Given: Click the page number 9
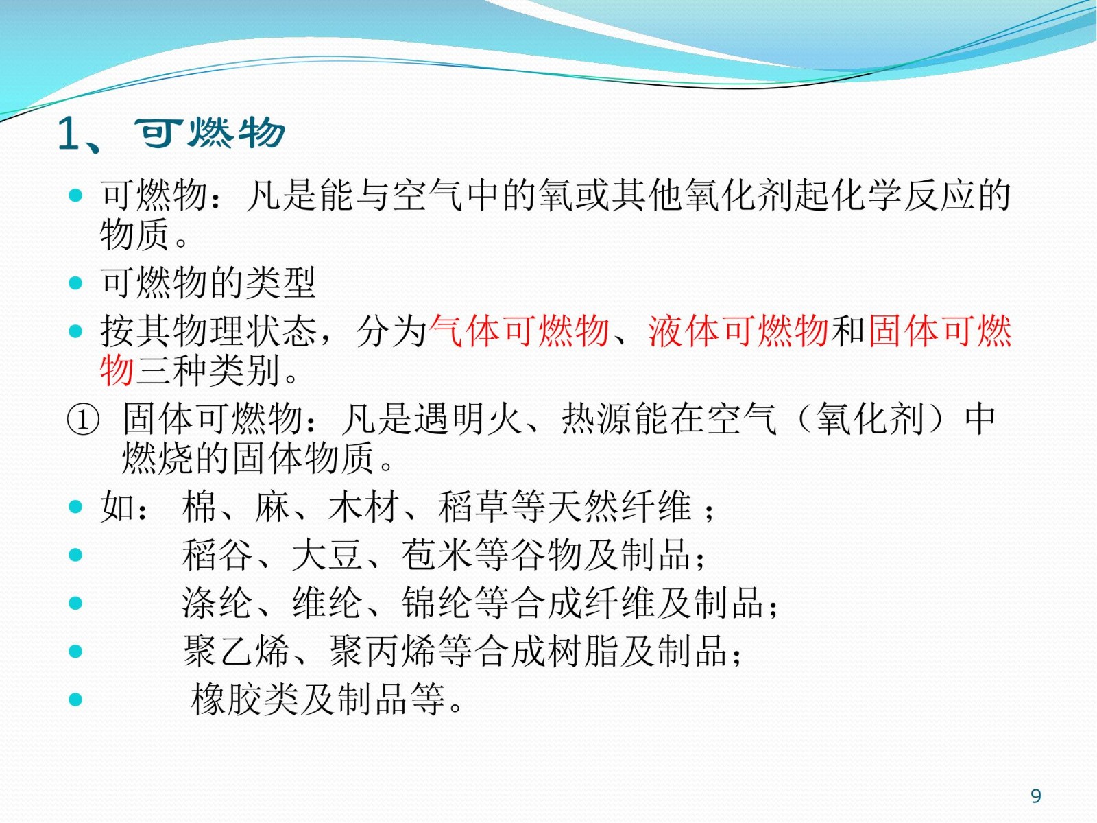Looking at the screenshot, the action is (1036, 796).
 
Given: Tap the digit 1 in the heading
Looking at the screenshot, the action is (69, 134).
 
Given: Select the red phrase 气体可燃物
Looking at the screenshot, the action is (519, 331).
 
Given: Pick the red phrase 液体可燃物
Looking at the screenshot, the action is (738, 331).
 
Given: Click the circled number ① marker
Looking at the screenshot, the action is (83, 419).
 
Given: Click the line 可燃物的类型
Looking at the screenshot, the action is (208, 283).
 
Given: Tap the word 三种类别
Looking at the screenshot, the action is (208, 371).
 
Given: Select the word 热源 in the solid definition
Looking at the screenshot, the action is (597, 419).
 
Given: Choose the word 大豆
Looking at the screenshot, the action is (327, 555).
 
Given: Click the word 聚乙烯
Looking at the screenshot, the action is (236, 651).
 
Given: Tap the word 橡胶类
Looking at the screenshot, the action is (245, 699).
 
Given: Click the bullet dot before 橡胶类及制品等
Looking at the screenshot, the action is (75, 699).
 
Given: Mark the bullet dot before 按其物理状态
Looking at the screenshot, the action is (75, 331).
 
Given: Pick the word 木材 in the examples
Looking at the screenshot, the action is (364, 507).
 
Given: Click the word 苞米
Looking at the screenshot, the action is (437, 555).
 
